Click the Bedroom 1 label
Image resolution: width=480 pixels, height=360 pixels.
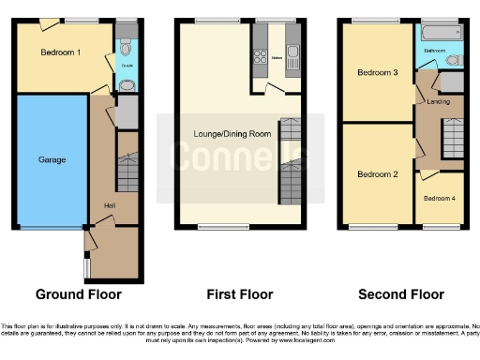[x=59, y=53]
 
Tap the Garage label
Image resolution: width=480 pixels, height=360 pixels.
[x=52, y=159]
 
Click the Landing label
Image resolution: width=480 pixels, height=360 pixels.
[x=437, y=101]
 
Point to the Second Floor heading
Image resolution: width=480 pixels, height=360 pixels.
[x=402, y=293]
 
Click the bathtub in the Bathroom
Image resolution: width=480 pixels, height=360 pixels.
[x=438, y=31]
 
